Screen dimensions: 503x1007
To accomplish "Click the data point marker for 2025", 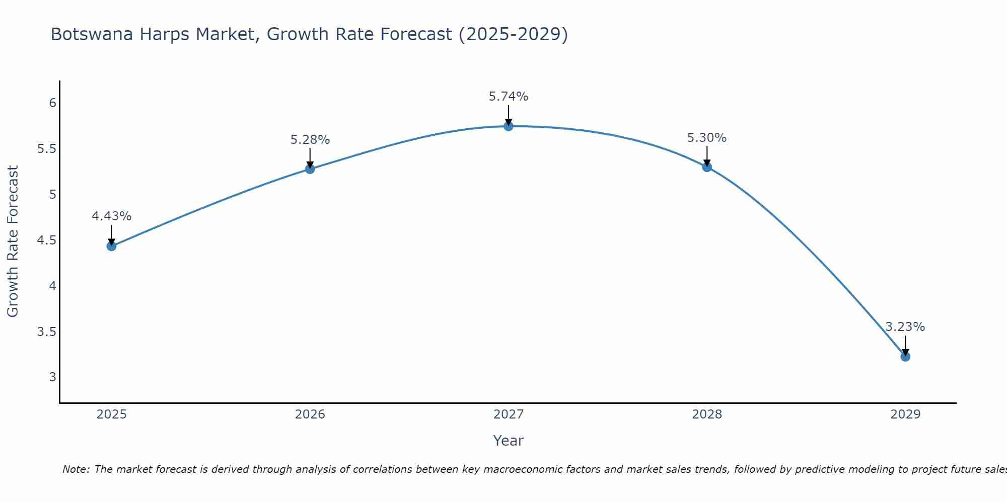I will [x=111, y=246].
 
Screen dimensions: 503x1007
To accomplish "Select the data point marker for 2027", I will [x=508, y=126].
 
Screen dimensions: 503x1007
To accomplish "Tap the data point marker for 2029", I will [x=905, y=357].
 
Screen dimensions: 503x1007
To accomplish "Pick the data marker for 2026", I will [x=310, y=169].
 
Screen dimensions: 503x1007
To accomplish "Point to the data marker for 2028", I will [x=706, y=167].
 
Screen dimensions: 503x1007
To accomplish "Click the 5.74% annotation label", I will [x=508, y=97].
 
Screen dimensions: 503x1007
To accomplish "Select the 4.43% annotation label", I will [x=111, y=216].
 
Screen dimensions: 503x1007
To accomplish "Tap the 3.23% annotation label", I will [x=905, y=327].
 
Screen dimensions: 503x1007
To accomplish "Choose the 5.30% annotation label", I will [x=706, y=138].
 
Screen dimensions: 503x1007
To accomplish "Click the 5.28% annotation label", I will [x=310, y=140].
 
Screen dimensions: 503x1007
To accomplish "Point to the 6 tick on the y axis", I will [x=52, y=103].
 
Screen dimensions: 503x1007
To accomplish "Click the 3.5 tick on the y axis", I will [x=47, y=332].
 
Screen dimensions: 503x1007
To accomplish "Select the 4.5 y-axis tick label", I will [x=47, y=240].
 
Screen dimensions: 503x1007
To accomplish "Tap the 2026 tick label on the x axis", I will [x=310, y=414].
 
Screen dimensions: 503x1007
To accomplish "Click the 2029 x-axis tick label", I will [x=905, y=414].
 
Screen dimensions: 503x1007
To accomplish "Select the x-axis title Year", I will [x=508, y=441].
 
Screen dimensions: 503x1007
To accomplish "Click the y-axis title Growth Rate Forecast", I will [x=13, y=241].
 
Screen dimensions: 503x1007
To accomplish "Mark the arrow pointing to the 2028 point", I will [x=706, y=156].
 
